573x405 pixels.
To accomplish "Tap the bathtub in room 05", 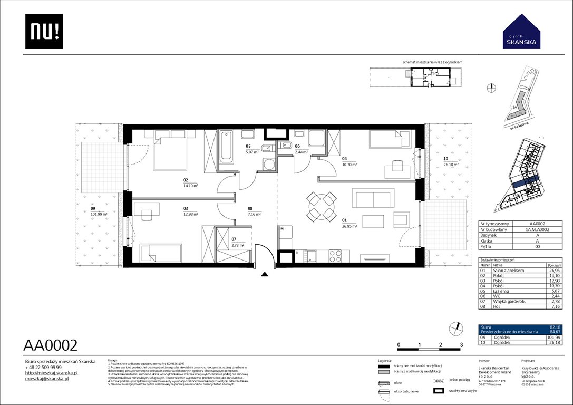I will [227, 147].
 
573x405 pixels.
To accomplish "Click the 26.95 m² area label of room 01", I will [349, 226].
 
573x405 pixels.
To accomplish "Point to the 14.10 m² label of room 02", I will [190, 186].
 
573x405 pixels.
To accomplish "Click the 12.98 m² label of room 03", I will [190, 214].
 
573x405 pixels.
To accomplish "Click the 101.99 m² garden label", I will [99, 214].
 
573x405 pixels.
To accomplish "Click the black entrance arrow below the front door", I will [264, 274].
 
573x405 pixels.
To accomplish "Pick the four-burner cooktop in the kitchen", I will [335, 256].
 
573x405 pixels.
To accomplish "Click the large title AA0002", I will [51, 345].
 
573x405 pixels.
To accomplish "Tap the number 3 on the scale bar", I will [461, 344].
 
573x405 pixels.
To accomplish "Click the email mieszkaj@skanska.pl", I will [47, 379].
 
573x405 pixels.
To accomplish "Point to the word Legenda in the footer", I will [385, 360].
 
